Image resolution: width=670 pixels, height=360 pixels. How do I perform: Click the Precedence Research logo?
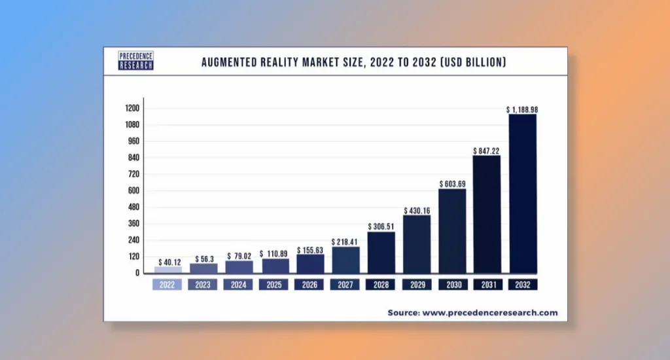(136, 62)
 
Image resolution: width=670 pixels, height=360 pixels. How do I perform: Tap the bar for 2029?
(417, 243)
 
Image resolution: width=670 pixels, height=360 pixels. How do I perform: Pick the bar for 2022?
(168, 269)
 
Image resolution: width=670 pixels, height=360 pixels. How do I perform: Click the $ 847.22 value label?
(487, 151)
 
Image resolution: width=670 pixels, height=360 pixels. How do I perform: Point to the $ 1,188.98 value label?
(522, 110)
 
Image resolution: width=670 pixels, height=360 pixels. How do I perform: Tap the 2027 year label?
(345, 285)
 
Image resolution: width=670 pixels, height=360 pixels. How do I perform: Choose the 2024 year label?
(239, 285)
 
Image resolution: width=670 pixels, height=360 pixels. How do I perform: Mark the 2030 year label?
(452, 285)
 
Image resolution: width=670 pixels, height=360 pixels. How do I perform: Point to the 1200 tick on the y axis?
(132, 108)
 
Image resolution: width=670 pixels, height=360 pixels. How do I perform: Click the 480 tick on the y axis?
(134, 207)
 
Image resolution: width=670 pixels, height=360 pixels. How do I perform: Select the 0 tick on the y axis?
(138, 273)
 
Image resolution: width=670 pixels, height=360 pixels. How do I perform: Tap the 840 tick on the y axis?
(134, 158)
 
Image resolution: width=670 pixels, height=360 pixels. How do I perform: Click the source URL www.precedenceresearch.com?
(490, 313)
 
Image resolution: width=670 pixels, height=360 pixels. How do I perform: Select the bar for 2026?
(310, 263)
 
